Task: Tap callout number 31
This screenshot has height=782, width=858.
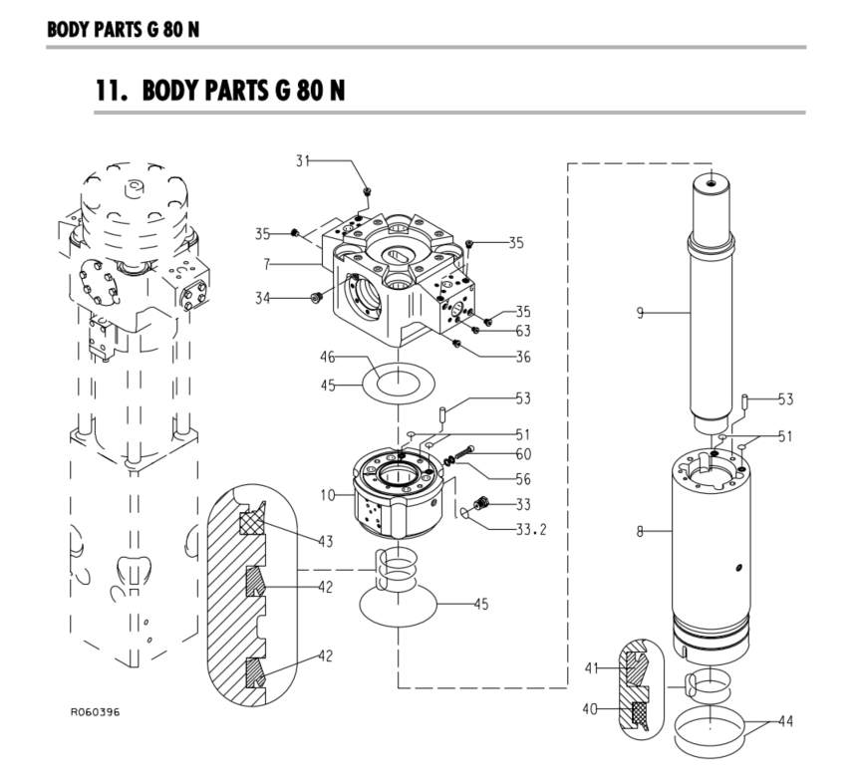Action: point(303,159)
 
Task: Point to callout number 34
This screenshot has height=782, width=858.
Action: point(263,297)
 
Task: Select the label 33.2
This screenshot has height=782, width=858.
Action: point(527,528)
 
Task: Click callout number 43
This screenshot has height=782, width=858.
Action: point(325,541)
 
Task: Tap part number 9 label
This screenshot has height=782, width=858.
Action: point(642,313)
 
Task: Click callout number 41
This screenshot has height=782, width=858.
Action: point(591,667)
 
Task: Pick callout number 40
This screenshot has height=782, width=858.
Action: point(591,709)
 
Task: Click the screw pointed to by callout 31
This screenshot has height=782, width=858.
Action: point(368,189)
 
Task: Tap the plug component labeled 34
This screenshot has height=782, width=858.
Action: point(315,297)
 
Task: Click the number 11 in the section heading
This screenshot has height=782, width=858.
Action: point(108,90)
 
